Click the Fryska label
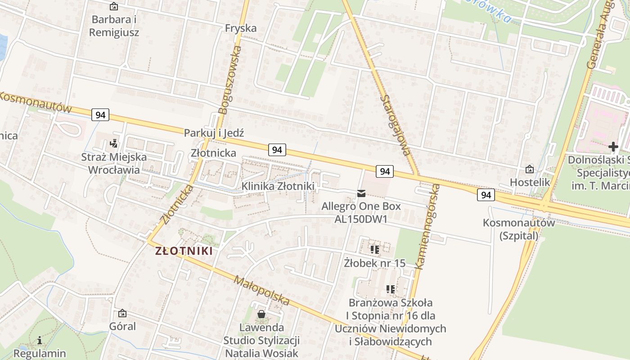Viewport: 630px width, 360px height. pyautogui.click(x=241, y=28)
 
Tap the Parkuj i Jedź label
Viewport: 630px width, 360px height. pyautogui.click(x=214, y=133)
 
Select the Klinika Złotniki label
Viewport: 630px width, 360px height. pyautogui.click(x=278, y=186)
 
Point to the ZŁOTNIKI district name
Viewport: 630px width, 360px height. pyautogui.click(x=184, y=251)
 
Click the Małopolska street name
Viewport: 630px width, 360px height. pyautogui.click(x=261, y=291)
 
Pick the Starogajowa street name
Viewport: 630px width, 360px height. pyautogui.click(x=395, y=125)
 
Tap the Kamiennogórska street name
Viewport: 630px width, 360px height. pyautogui.click(x=427, y=226)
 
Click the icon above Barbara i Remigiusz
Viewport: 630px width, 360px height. pyautogui.click(x=114, y=7)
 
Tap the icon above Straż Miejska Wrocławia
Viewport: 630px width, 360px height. pyautogui.click(x=114, y=144)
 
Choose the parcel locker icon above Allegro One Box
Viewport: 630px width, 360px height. pyautogui.click(x=361, y=193)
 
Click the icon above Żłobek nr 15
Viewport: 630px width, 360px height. pyautogui.click(x=374, y=249)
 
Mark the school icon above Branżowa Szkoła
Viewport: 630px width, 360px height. pyautogui.click(x=390, y=289)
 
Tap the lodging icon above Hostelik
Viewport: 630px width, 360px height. pyautogui.click(x=530, y=170)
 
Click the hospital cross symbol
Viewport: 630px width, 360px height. pyautogui.click(x=613, y=147)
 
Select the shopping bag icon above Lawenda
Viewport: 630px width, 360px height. pyautogui.click(x=261, y=314)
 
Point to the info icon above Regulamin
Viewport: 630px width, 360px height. pyautogui.click(x=40, y=341)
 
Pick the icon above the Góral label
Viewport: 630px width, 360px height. pyautogui.click(x=122, y=313)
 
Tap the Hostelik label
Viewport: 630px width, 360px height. pyautogui.click(x=530, y=182)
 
